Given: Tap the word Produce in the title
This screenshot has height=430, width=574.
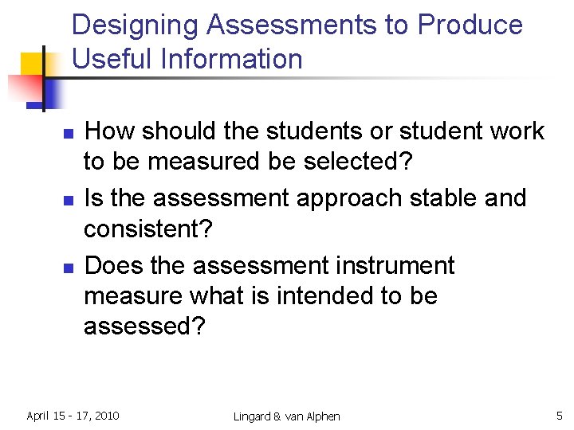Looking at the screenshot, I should tap(470, 25).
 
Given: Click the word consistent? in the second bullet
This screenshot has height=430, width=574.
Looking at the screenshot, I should tap(148, 230).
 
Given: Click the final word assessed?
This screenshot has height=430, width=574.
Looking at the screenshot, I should tap(144, 326).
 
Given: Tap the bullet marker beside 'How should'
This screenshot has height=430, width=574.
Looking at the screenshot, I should tap(68, 132).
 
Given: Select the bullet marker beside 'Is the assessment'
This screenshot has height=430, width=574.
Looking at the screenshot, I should tap(68, 199).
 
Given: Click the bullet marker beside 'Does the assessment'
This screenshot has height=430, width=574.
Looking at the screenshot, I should tap(68, 267).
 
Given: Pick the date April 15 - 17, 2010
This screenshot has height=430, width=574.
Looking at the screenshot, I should tap(73, 415).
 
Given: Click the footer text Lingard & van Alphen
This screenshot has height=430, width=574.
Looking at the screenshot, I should tap(287, 416).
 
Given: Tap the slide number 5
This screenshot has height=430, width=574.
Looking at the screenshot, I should tap(559, 414).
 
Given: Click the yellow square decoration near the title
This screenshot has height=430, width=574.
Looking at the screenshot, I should tap(32, 64).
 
